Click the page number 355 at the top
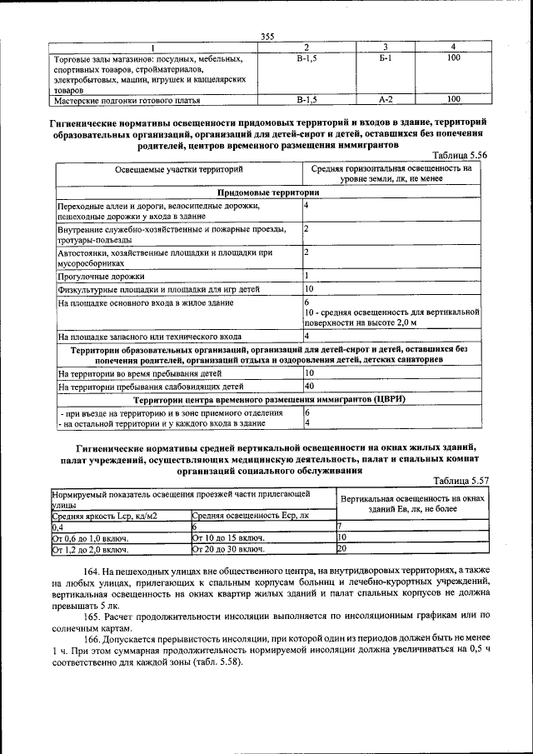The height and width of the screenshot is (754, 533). [266, 35]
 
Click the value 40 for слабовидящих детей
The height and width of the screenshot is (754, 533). [309, 387]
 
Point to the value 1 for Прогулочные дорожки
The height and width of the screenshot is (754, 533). [306, 276]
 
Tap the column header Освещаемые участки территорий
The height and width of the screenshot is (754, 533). [179, 169]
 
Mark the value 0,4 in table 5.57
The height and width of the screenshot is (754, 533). [58, 527]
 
